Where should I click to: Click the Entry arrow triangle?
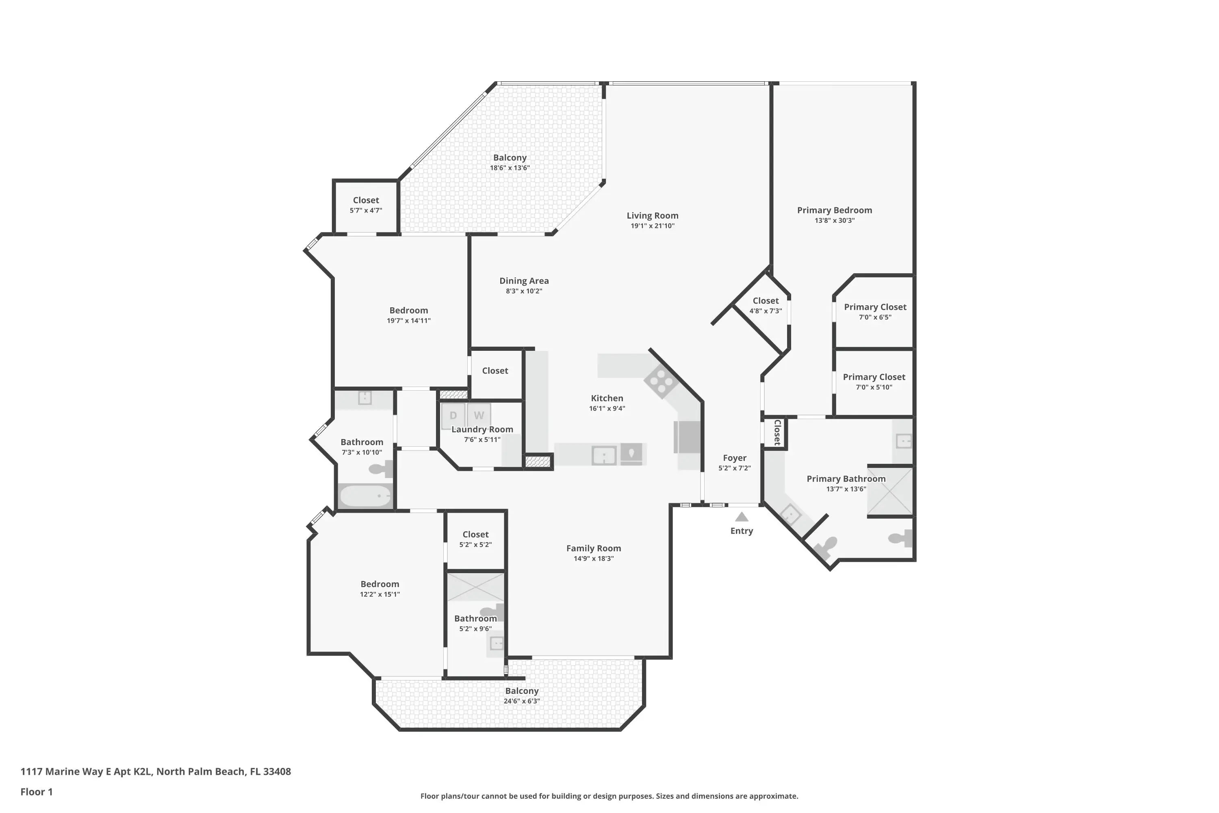(742, 517)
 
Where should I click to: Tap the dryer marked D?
(453, 415)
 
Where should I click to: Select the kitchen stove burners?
(660, 382)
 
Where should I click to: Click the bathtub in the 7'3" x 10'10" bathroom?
(365, 496)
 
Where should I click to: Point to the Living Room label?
(653, 216)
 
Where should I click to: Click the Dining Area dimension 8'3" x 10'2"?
(524, 291)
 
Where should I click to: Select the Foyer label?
(734, 458)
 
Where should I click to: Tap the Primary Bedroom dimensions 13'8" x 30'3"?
(835, 220)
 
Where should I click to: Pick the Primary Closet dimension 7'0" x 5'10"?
(874, 387)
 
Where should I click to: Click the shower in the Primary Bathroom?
(890, 491)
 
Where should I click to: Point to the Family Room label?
(593, 548)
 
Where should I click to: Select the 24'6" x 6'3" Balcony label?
(522, 691)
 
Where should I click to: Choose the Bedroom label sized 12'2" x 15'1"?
(380, 585)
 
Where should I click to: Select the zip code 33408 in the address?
(277, 772)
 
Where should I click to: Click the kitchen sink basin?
(604, 456)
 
